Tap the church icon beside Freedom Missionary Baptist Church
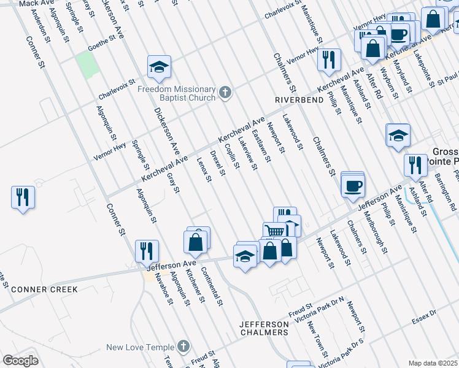click(225, 93)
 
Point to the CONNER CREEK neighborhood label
click(44, 289)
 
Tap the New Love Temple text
click(141, 347)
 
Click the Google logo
click(20, 360)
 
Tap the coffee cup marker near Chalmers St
click(353, 185)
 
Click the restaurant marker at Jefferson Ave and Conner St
click(147, 250)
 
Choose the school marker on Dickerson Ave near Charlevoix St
click(159, 67)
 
